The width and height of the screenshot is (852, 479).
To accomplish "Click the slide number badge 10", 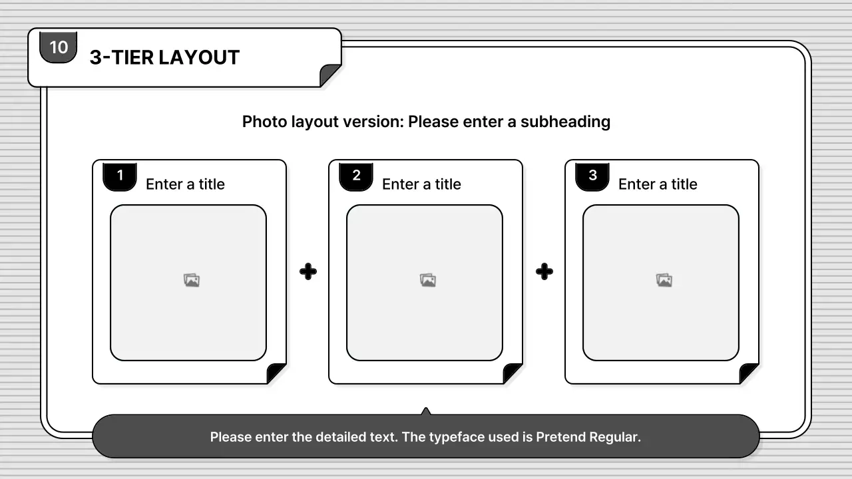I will click(59, 47).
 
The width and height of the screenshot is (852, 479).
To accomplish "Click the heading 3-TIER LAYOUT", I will click(164, 58).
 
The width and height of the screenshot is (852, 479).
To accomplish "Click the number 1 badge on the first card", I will click(120, 176).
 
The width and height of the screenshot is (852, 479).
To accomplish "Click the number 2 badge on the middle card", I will click(356, 176).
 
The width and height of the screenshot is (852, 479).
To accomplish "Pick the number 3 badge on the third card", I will click(592, 176).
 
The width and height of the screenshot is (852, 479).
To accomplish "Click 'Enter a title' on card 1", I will click(185, 184).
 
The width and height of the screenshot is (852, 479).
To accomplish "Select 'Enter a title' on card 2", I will click(421, 184).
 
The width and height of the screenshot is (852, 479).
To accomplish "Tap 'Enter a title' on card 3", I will click(658, 184).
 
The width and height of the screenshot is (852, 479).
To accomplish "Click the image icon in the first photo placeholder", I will click(192, 281).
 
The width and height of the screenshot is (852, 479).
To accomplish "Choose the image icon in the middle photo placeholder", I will click(428, 281).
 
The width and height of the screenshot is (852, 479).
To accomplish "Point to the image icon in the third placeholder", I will click(664, 281).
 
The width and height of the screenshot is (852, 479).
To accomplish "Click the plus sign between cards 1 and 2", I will click(308, 271).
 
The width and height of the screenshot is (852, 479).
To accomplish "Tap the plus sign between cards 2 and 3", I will click(544, 271).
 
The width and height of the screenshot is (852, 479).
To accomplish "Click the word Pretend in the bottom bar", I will click(561, 437).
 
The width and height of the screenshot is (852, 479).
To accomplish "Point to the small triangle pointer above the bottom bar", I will click(426, 411).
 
